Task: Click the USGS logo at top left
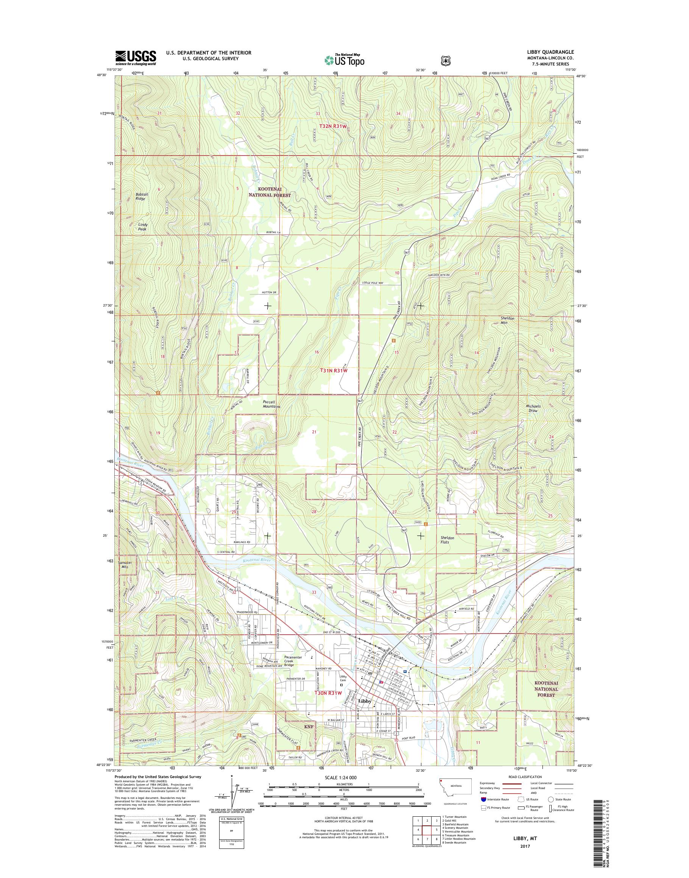click(136, 58)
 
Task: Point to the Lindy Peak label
click(143, 227)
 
